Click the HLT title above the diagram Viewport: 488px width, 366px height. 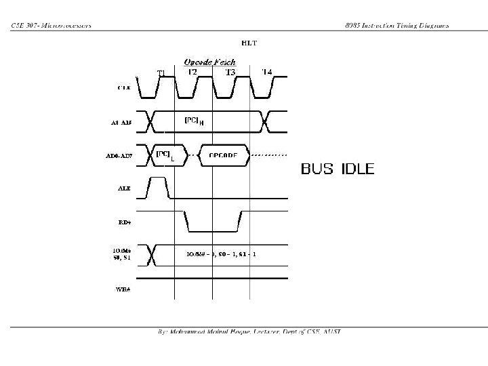coord(249,43)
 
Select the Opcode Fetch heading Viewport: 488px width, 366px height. coord(210,62)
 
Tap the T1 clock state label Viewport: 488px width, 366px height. coord(161,73)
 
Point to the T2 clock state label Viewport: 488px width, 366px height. coord(192,71)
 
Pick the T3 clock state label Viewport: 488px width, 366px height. coord(230,71)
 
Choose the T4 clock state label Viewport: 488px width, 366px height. coord(267,71)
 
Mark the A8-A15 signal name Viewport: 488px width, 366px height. coord(121,123)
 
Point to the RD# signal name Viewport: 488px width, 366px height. coord(124,221)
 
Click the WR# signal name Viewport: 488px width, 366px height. coord(123,289)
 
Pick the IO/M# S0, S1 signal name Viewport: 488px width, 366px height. coord(122,256)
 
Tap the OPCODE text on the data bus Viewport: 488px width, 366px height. coord(223,155)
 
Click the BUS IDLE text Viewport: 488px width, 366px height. coord(338,168)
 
